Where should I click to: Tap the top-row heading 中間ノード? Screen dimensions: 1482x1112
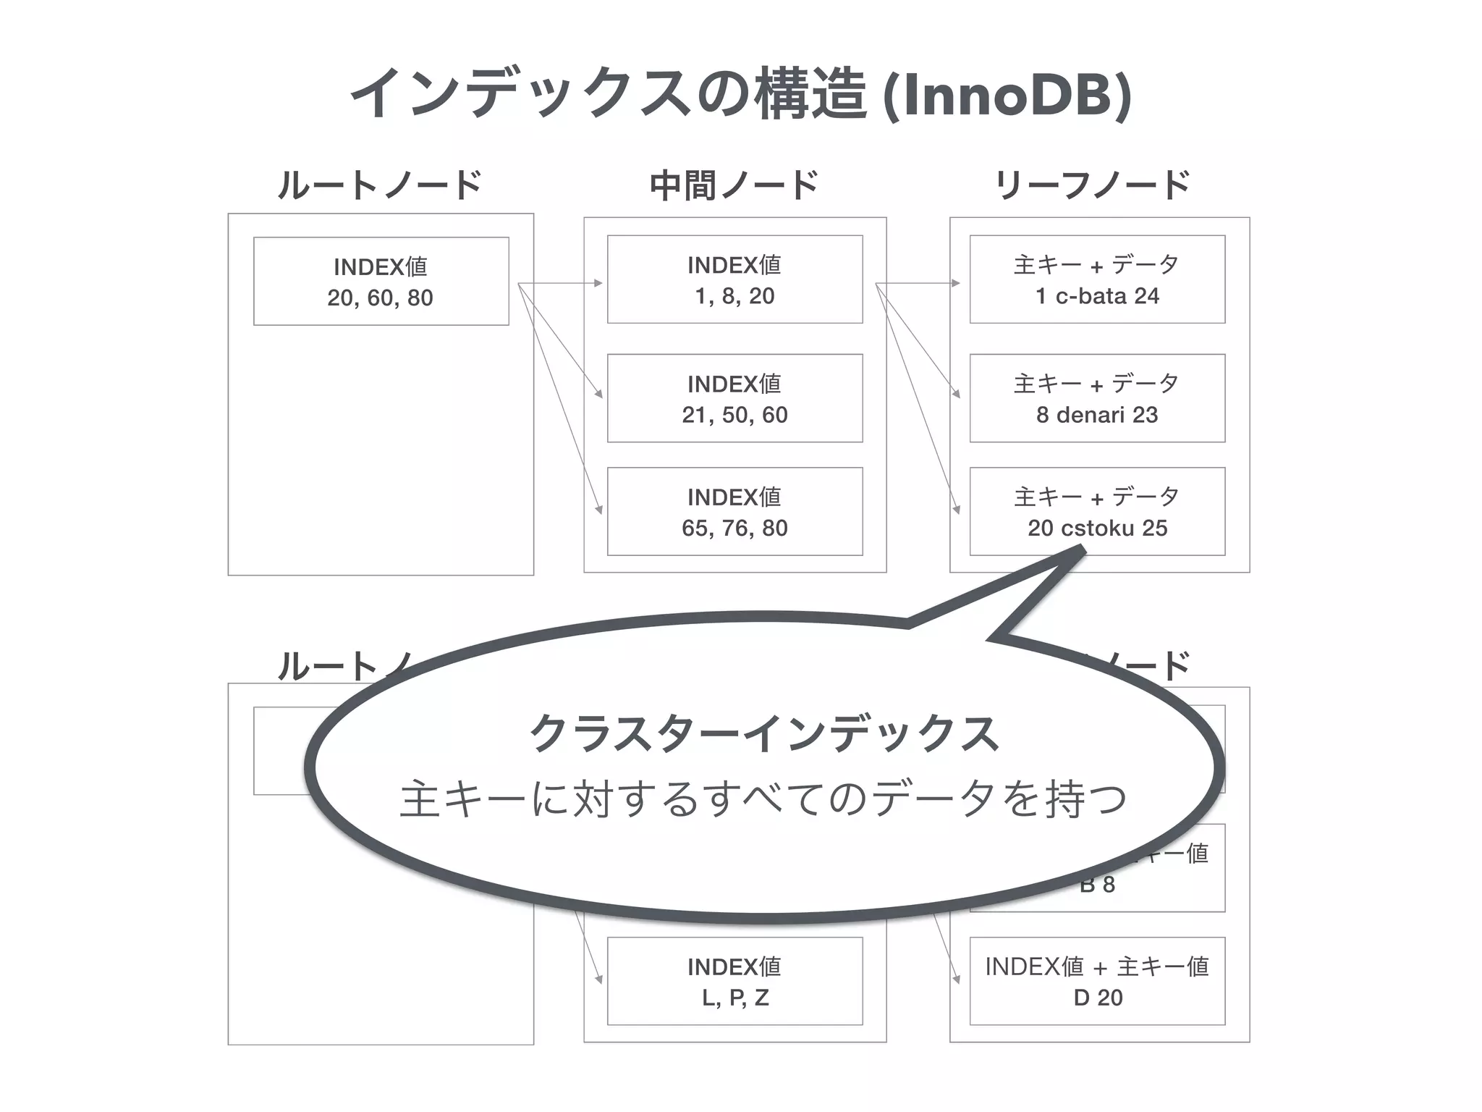(734, 185)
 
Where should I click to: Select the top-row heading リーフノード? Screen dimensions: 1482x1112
(1093, 185)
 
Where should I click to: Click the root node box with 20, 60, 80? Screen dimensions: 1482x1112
(381, 282)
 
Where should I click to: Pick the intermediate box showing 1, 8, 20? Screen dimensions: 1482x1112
(734, 279)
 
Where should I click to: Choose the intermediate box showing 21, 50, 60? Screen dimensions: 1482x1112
(734, 398)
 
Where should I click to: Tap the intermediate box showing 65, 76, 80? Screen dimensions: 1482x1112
(734, 512)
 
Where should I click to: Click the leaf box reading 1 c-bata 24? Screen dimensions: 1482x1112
(1097, 279)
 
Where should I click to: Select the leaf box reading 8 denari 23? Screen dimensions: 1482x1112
(1097, 398)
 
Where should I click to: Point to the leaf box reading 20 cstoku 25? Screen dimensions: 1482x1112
(1097, 512)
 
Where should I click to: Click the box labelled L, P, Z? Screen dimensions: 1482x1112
(734, 982)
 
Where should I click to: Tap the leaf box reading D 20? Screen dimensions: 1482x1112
(1097, 982)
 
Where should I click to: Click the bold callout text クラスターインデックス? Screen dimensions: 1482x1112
(764, 733)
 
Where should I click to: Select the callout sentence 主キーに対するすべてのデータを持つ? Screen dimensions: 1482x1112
(763, 799)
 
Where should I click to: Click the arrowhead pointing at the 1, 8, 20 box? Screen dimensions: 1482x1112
(598, 283)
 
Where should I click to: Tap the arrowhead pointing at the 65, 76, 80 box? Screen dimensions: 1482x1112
(599, 510)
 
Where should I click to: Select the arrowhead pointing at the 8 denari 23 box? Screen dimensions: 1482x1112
(957, 394)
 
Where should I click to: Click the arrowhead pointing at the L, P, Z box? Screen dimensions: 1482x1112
(599, 980)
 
